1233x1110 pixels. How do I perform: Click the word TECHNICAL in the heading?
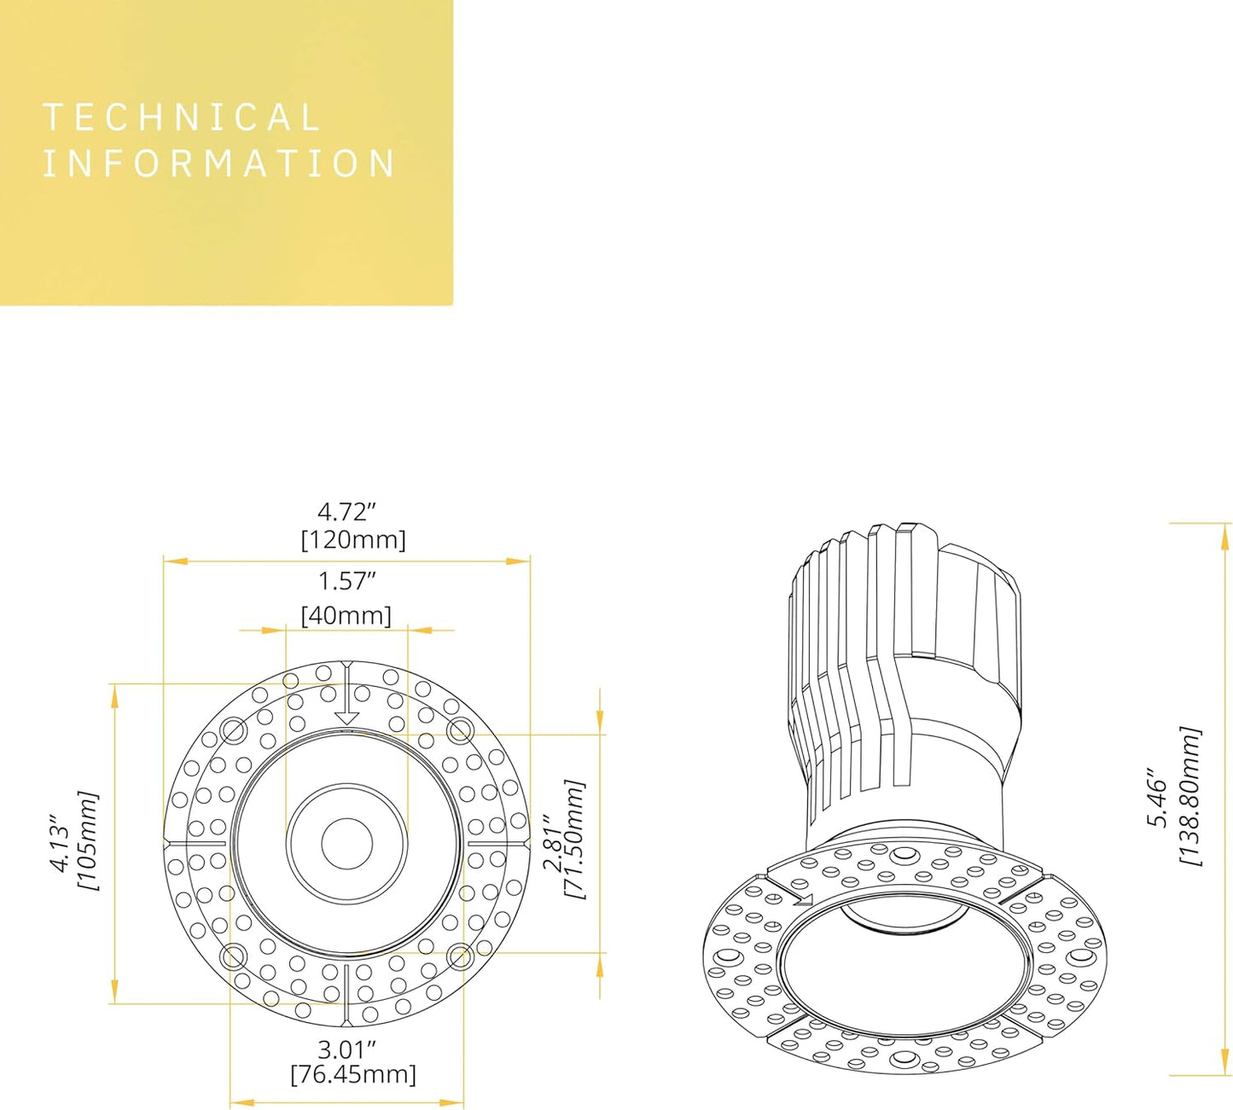tap(181, 118)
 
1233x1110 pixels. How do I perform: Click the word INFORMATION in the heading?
tap(219, 164)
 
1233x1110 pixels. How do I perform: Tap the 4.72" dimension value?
tap(346, 512)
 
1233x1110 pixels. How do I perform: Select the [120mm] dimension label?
tap(353, 540)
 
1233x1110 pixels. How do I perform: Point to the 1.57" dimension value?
tap(346, 581)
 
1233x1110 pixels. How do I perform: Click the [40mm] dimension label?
tap(346, 615)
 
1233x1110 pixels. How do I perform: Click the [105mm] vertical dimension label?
tap(88, 840)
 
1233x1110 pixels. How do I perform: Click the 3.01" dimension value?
tap(346, 1049)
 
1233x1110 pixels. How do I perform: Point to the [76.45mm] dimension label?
tap(353, 1074)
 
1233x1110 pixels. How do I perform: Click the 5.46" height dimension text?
tap(1157, 797)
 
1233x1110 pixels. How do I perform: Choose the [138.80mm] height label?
tap(1189, 796)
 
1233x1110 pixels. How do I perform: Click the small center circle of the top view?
tap(346, 843)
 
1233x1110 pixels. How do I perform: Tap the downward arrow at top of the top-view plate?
tap(346, 693)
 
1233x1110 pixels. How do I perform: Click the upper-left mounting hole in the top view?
tap(232, 730)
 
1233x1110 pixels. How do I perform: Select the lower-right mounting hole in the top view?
tap(459, 956)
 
